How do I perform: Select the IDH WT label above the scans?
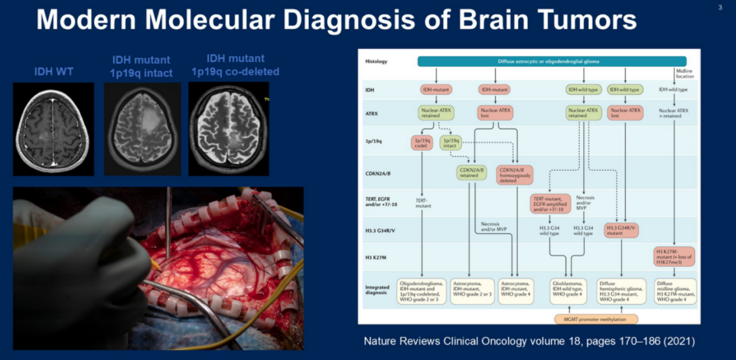tap(53, 72)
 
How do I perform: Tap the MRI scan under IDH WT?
tap(54, 129)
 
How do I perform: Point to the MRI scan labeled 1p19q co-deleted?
tap(229, 129)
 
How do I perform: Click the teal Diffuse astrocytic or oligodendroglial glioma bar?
tap(552, 61)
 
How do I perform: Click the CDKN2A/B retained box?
tap(474, 172)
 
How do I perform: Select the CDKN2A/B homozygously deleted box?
tap(515, 175)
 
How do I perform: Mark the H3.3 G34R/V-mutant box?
tap(621, 230)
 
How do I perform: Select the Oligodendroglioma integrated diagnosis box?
tap(421, 291)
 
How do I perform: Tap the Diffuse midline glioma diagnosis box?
tap(674, 291)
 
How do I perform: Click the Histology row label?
tap(376, 61)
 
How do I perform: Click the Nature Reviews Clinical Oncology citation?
tap(529, 341)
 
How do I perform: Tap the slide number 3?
tap(720, 8)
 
